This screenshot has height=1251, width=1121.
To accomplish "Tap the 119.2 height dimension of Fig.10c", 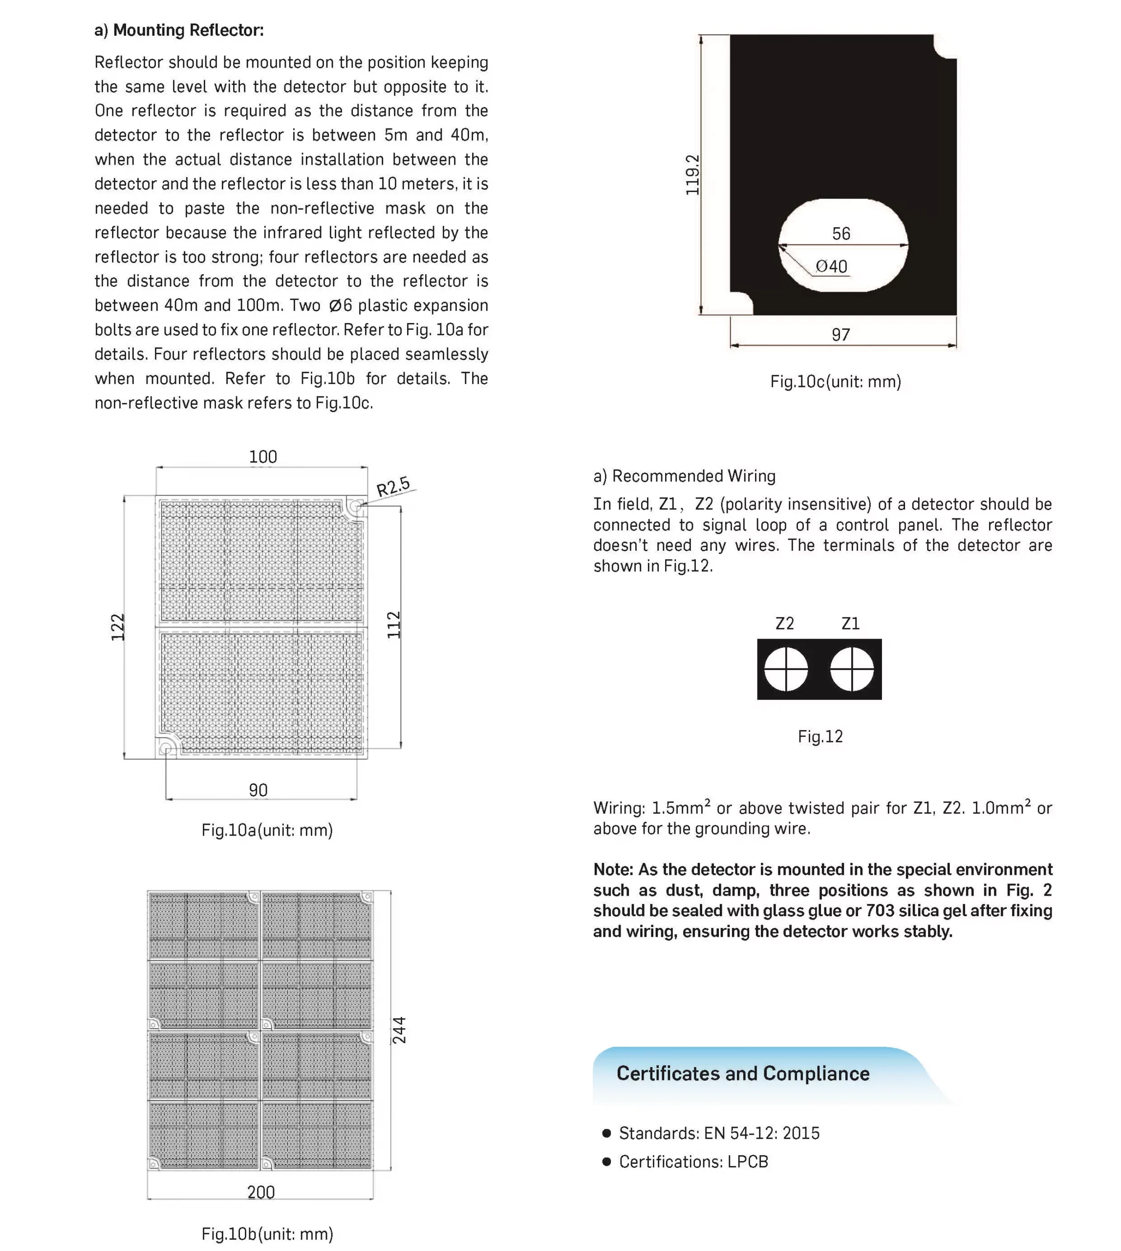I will [x=692, y=175].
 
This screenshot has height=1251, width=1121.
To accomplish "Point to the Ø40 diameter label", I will [x=832, y=267].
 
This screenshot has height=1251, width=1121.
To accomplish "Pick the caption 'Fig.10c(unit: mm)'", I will [x=835, y=382].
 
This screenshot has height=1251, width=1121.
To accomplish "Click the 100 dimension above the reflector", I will [x=263, y=457].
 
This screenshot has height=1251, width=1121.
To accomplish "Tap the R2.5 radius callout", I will [x=393, y=487].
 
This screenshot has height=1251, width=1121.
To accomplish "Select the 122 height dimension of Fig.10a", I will [x=118, y=627].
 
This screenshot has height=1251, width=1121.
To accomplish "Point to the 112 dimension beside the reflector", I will [x=393, y=625].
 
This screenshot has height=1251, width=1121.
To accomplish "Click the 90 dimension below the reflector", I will [x=258, y=790].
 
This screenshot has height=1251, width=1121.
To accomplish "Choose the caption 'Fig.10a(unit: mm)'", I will [x=267, y=830].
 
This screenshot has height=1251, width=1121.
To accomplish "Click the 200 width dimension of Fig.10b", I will [x=260, y=1192].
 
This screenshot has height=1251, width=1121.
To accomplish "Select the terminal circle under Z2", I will [x=786, y=669].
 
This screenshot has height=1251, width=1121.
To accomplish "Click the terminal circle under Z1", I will [x=852, y=669].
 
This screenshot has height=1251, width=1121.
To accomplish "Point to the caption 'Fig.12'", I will [x=820, y=737].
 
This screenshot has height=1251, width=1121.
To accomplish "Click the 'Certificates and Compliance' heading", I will [x=743, y=1074].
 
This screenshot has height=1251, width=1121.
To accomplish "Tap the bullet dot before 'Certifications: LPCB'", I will [x=607, y=1162].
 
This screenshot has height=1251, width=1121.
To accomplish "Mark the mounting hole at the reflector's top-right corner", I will [x=355, y=507].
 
